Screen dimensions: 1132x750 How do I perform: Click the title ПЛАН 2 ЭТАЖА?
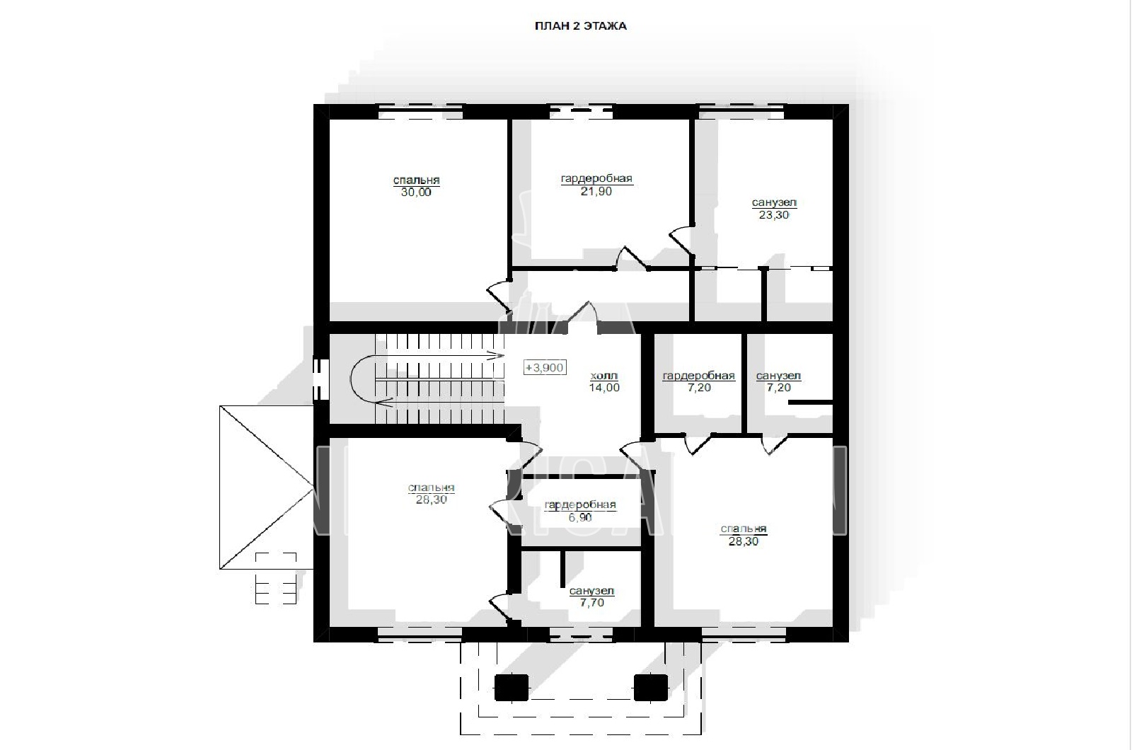[581, 26]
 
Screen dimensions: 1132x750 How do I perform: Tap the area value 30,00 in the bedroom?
[416, 192]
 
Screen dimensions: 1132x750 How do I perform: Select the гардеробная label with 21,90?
[596, 178]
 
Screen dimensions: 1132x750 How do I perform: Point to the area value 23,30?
[774, 215]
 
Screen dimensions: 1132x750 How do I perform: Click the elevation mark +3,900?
[544, 367]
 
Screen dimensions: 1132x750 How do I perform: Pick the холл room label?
[604, 376]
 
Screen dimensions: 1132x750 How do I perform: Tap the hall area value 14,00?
[604, 388]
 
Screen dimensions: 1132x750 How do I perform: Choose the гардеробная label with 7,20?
[698, 376]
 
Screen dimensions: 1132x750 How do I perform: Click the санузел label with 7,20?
[778, 376]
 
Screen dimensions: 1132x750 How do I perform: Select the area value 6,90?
[579, 517]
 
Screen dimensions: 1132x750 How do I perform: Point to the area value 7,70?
[591, 602]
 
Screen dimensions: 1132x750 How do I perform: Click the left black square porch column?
[512, 687]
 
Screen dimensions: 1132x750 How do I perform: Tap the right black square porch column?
[651, 687]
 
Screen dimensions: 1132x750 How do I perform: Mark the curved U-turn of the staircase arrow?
[351, 379]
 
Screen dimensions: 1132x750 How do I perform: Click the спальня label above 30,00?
[417, 180]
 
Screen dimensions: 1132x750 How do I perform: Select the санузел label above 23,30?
[774, 203]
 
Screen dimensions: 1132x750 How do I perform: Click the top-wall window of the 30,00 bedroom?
[420, 112]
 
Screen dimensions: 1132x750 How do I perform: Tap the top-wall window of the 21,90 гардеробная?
[581, 112]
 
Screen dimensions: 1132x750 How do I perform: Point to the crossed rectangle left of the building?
[266, 487]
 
